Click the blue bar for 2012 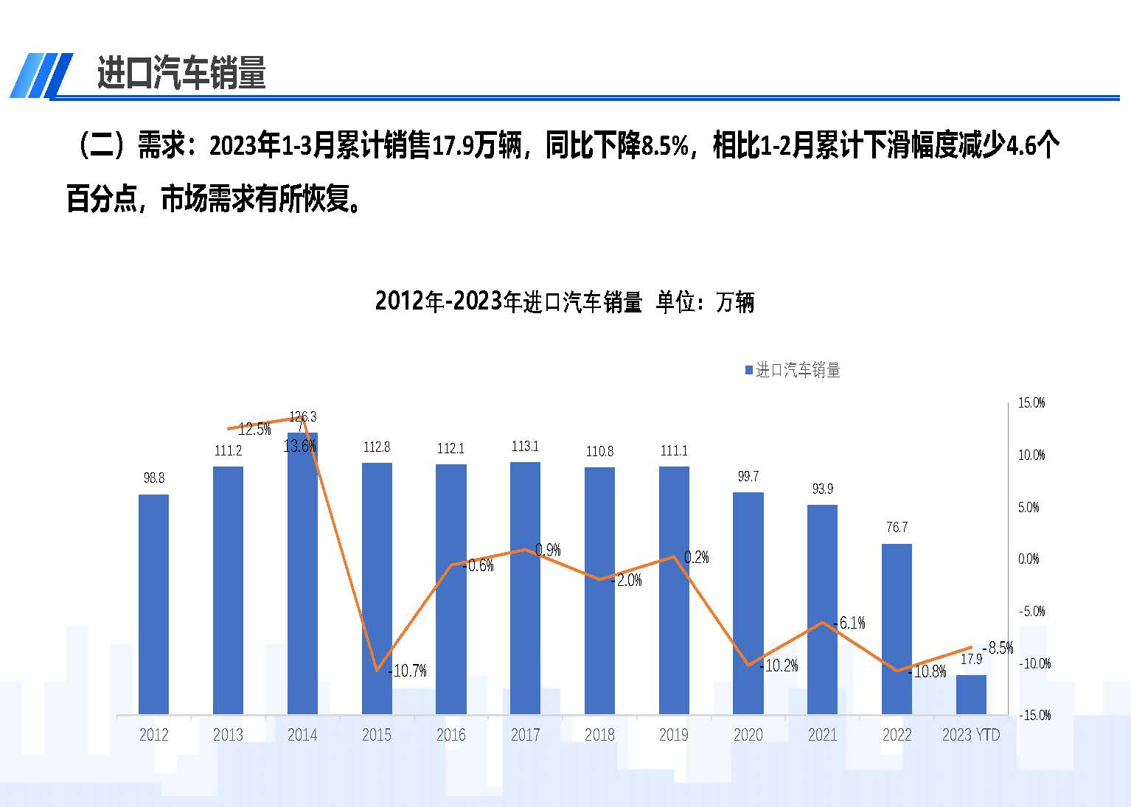pyautogui.click(x=153, y=604)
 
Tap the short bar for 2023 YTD pyautogui.click(x=971, y=694)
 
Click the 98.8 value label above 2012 pyautogui.click(x=153, y=478)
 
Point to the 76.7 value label pyautogui.click(x=897, y=528)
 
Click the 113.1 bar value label pyautogui.click(x=525, y=447)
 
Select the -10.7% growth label pyautogui.click(x=408, y=671)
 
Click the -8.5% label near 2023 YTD pyautogui.click(x=998, y=648)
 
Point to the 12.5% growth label pyautogui.click(x=254, y=430)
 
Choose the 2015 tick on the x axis pyautogui.click(x=376, y=735)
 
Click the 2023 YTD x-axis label pyautogui.click(x=971, y=735)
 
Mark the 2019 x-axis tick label pyautogui.click(x=674, y=735)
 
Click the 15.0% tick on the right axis pyautogui.click(x=1031, y=403)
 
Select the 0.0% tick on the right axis pyautogui.click(x=1029, y=559)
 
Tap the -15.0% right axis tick pyautogui.click(x=1034, y=716)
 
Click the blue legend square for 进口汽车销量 pyautogui.click(x=749, y=370)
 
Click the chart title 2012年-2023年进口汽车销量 pyautogui.click(x=564, y=302)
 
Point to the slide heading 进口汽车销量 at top pyautogui.click(x=181, y=74)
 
